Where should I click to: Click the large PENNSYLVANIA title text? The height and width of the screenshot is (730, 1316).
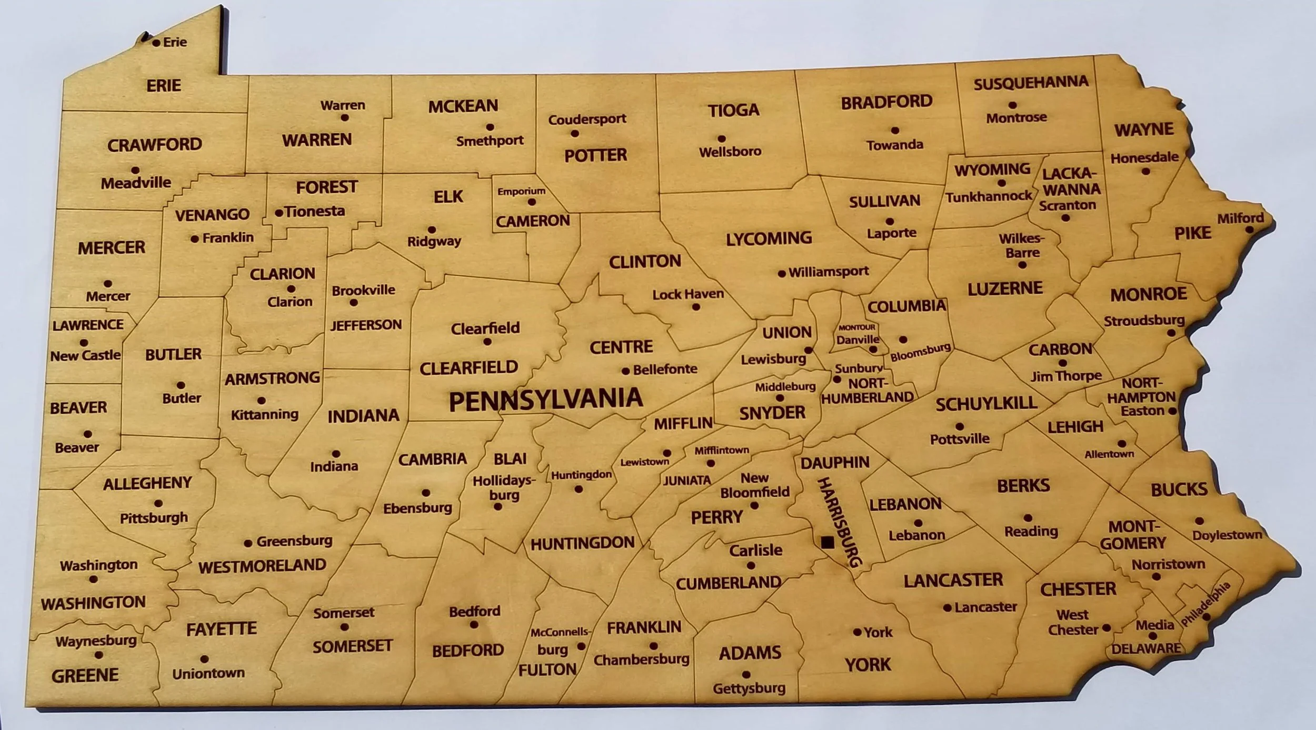coord(545,400)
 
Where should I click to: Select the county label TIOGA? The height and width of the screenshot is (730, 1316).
coord(733,110)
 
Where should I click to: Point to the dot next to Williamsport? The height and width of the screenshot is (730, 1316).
coord(782,274)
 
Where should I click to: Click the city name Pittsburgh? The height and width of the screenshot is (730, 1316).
coord(154,518)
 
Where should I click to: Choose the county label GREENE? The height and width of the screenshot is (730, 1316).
coord(85,675)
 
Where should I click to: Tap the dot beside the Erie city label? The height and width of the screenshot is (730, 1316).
coord(156,43)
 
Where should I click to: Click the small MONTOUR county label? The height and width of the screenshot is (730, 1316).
coord(856,327)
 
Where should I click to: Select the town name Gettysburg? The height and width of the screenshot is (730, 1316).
coord(749,688)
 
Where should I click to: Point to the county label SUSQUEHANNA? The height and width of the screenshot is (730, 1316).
coord(1030,83)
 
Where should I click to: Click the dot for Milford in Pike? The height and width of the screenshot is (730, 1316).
coord(1255,230)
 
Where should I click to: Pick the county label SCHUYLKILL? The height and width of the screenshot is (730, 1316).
coord(986,404)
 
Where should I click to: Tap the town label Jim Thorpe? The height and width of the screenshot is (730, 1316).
coord(1066,376)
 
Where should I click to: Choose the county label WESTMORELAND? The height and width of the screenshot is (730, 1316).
coord(262,566)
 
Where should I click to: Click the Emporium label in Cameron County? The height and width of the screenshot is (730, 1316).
coord(521,191)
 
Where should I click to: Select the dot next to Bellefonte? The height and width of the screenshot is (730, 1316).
coord(625,371)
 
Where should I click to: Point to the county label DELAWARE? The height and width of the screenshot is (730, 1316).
coord(1146,648)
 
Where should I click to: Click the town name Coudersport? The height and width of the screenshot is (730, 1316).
coord(587,119)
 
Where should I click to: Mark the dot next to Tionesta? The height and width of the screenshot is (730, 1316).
coord(279,213)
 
